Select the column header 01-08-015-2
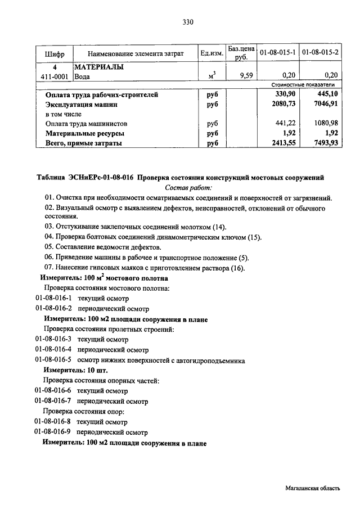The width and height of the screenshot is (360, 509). click(x=321, y=52)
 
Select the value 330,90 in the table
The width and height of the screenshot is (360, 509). click(x=284, y=95)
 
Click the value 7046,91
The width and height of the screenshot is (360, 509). click(x=326, y=105)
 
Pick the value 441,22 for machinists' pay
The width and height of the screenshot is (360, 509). click(x=284, y=124)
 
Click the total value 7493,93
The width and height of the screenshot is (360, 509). click(x=326, y=143)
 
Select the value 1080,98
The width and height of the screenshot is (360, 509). click(x=326, y=124)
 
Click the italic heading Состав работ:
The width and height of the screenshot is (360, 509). click(x=188, y=187)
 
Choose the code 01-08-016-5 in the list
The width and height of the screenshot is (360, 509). click(x=53, y=359)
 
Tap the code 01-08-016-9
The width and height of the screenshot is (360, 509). click(x=53, y=433)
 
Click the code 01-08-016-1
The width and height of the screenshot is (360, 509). click(x=53, y=298)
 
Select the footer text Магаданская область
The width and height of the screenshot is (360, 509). click(x=312, y=489)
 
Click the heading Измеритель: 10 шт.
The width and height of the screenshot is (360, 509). click(x=75, y=370)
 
